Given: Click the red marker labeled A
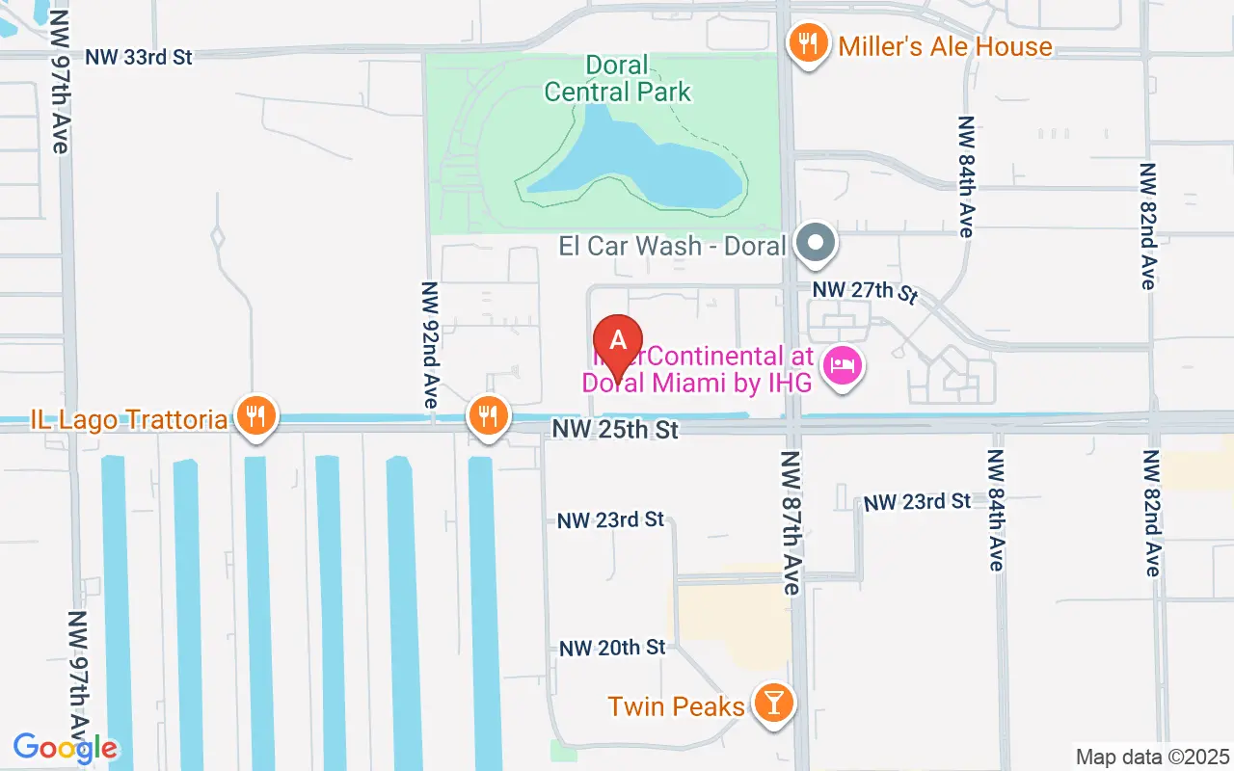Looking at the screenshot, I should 618,342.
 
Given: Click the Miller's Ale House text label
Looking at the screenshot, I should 945,46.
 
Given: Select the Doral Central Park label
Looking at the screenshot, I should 617,79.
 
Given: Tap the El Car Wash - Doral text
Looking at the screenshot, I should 673,245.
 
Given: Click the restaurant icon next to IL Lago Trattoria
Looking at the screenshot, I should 255,417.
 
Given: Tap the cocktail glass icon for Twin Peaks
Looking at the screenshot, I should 772,704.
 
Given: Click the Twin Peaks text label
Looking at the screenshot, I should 676,706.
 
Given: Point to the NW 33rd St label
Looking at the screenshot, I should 139,57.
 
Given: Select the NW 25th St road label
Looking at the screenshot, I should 615,429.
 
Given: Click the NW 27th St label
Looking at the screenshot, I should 862,290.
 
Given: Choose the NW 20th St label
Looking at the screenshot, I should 612,648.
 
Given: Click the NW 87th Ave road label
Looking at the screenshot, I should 791,521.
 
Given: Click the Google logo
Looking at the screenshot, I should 66,747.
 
